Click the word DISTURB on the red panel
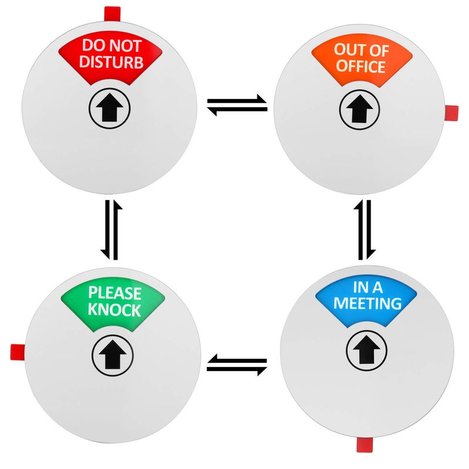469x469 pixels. [x=111, y=62]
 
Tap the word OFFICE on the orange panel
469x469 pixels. [x=361, y=66]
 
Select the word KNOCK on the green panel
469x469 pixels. [x=114, y=310]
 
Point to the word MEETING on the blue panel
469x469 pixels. [x=368, y=303]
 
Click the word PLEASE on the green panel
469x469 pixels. [x=115, y=293]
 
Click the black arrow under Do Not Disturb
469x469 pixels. [x=110, y=108]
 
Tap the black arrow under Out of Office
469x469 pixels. [x=359, y=109]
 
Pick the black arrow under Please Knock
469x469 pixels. [x=112, y=355]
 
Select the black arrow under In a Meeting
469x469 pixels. [x=366, y=349]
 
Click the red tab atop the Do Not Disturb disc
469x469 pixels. [x=112, y=14]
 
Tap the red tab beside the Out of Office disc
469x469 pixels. [x=451, y=113]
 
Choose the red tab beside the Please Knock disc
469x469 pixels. [x=18, y=352]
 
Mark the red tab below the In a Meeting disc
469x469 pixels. [x=365, y=445]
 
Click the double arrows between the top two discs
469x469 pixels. [x=237, y=105]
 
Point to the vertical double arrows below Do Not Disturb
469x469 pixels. [x=111, y=230]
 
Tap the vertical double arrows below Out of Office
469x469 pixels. [x=365, y=230]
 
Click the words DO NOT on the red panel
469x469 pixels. [x=111, y=46]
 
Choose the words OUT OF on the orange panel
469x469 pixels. [x=361, y=50]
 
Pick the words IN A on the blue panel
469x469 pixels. [x=368, y=287]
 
